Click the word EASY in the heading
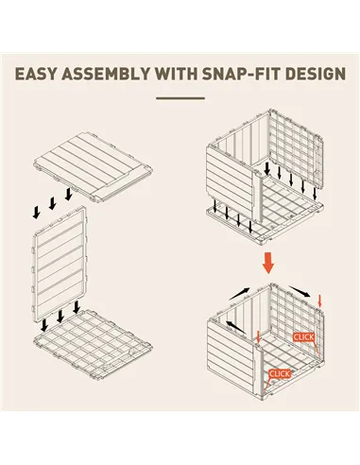[36, 74]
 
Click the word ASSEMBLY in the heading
[106, 74]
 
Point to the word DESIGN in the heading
[315, 74]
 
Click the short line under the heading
[180, 98]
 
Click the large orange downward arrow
[268, 263]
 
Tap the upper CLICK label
[303, 337]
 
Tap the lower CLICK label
[280, 374]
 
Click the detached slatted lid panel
[94, 166]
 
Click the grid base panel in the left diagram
[93, 344]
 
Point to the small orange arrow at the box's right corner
[320, 301]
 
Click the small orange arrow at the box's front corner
[258, 336]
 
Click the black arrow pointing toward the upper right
[239, 294]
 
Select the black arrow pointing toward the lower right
[300, 292]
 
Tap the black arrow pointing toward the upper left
[236, 327]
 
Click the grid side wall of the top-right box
[296, 148]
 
